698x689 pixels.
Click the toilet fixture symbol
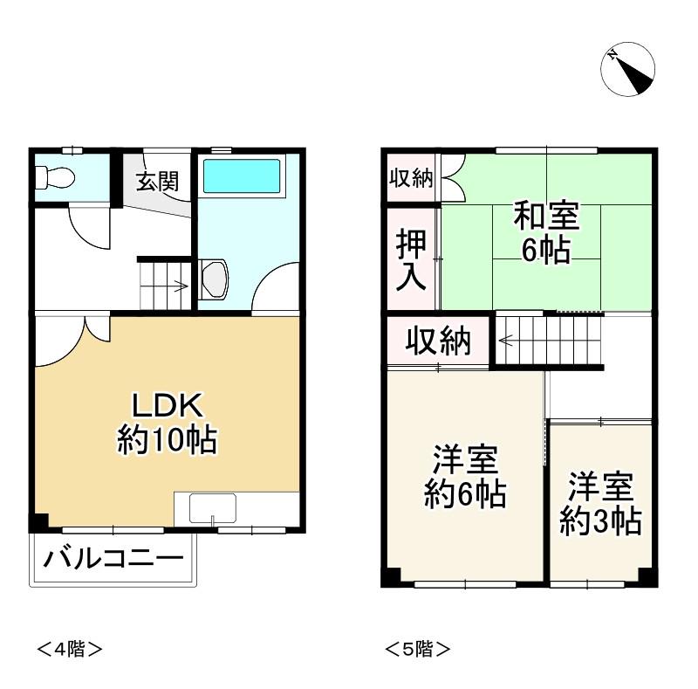point(55,177)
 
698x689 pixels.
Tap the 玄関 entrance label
point(157,182)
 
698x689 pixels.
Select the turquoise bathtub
point(242,176)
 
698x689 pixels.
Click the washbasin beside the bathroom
point(215,279)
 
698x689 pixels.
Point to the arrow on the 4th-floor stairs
point(180,286)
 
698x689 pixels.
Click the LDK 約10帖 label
point(168,423)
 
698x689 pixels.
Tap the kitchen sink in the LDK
point(212,507)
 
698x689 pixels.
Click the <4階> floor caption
point(70,649)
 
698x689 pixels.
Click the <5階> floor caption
point(418,649)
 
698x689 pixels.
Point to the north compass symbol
point(627,69)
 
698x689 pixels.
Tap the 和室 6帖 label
point(546,232)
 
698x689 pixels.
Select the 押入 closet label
point(411,259)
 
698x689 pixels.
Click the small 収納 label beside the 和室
point(411,178)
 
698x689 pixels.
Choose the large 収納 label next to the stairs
point(438,341)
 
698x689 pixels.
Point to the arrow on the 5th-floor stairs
point(506,341)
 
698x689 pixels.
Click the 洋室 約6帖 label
point(465,477)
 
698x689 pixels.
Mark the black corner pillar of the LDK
point(38,522)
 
